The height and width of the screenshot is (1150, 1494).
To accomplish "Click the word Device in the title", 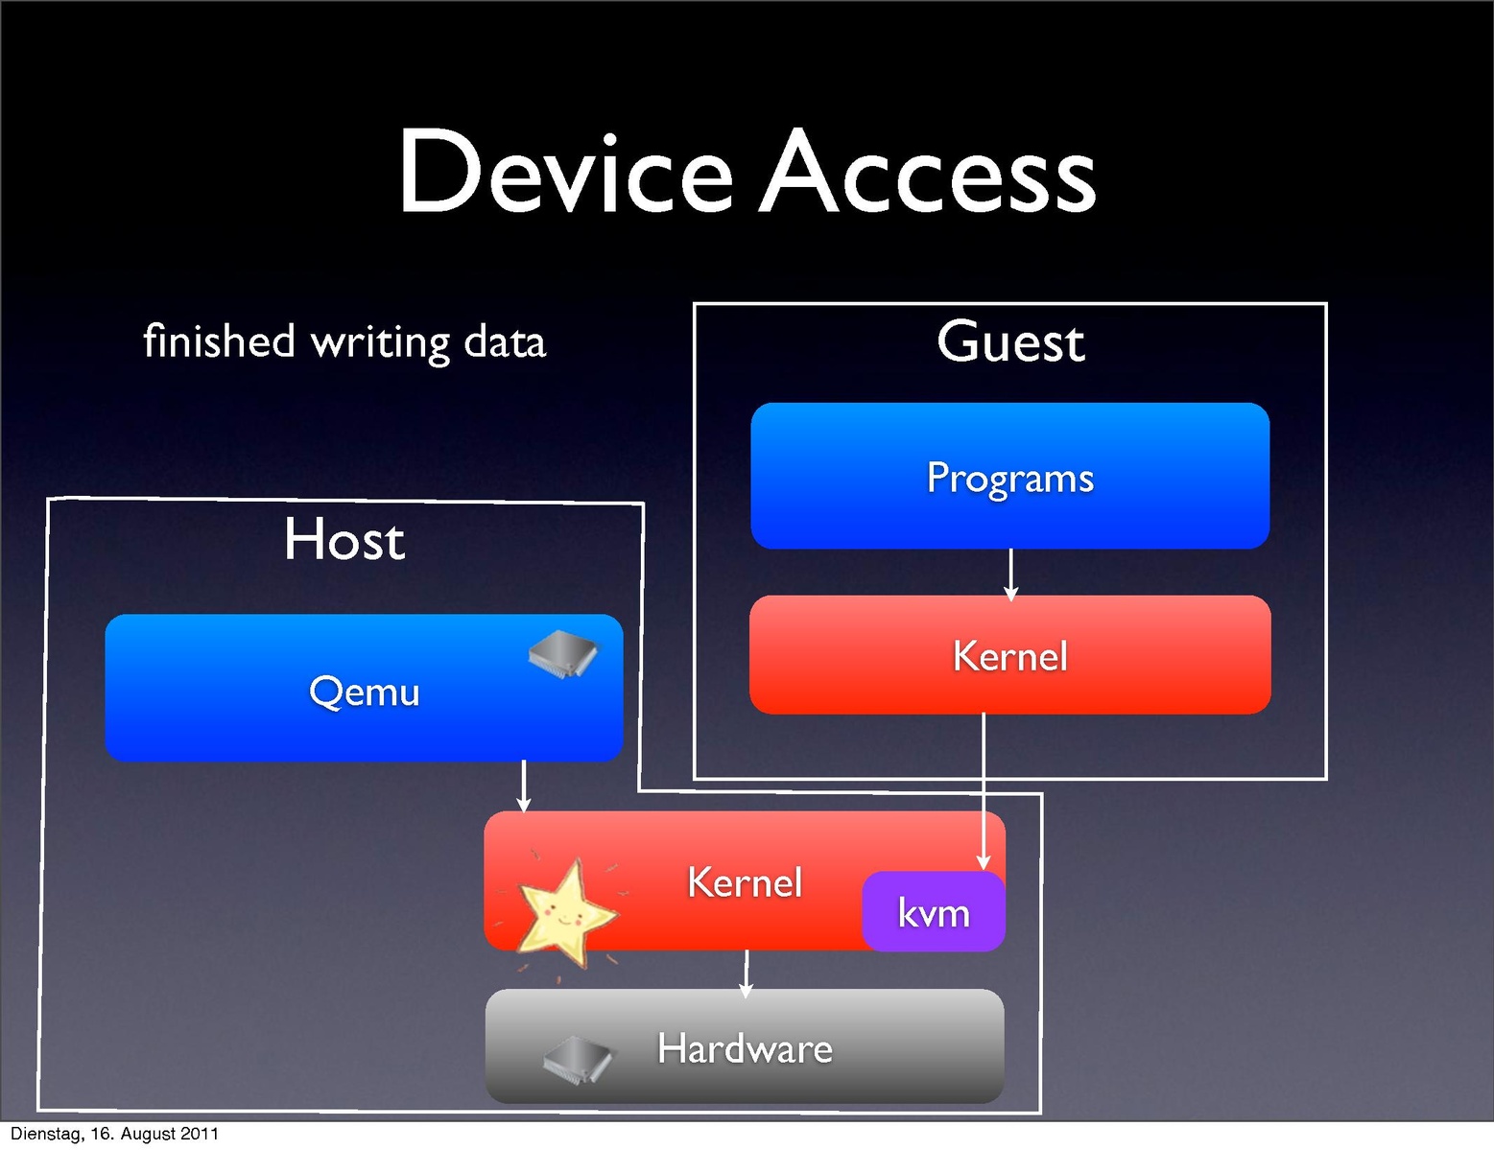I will pyautogui.click(x=565, y=173).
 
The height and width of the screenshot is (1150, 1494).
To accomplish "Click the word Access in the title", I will pyautogui.click(x=927, y=173).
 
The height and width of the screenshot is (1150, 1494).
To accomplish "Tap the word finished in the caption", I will pyautogui.click(x=219, y=341).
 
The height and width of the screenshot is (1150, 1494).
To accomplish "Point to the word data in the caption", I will pyautogui.click(x=505, y=341).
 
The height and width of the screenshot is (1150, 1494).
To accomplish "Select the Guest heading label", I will pyautogui.click(x=1010, y=342).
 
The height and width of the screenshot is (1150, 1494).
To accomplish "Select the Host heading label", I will pyautogui.click(x=344, y=539).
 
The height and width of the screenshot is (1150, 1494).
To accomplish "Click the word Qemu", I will pyautogui.click(x=365, y=692).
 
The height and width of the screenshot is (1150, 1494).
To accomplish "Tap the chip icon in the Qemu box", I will pyautogui.click(x=563, y=654).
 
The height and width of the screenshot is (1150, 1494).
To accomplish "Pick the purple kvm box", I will pyautogui.click(x=934, y=912).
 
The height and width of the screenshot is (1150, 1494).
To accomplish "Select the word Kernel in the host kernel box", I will pyautogui.click(x=745, y=882).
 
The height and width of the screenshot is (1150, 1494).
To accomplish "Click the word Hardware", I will pyautogui.click(x=745, y=1048).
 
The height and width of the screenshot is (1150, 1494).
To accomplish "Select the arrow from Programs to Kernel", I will pyautogui.click(x=1010, y=574).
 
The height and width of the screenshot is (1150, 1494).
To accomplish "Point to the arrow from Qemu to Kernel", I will pyautogui.click(x=523, y=786).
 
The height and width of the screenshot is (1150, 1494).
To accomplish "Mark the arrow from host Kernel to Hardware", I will pyautogui.click(x=747, y=973).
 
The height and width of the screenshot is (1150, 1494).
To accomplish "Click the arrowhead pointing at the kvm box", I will pyautogui.click(x=984, y=861).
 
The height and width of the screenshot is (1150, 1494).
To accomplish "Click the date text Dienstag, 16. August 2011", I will pyautogui.click(x=114, y=1134).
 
